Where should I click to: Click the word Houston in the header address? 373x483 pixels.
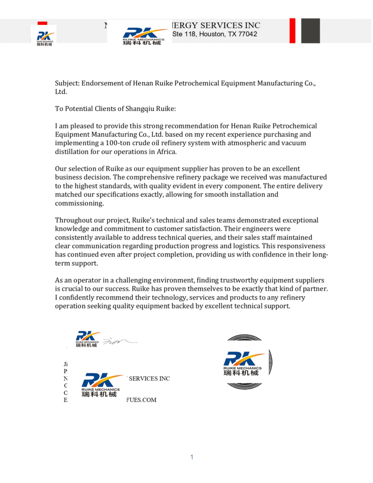(x=210, y=34)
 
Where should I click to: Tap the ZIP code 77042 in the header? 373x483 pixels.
(x=247, y=34)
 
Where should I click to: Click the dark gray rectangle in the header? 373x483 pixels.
(x=310, y=31)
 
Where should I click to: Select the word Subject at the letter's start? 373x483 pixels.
(x=67, y=83)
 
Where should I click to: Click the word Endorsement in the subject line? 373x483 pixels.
(x=103, y=83)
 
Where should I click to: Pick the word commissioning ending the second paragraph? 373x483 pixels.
(x=79, y=203)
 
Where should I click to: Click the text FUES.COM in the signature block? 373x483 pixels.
(x=141, y=400)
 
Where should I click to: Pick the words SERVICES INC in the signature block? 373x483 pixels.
(x=149, y=378)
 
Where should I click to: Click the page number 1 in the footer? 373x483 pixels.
(x=192, y=457)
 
